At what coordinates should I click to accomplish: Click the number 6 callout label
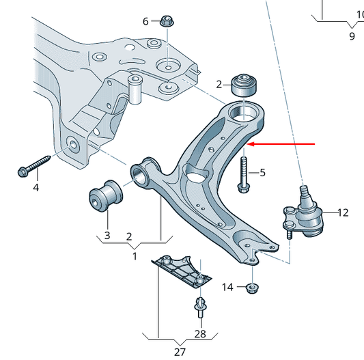[x=145, y=21]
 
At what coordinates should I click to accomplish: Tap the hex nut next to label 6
[x=166, y=20]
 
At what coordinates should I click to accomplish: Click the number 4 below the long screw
[x=36, y=187]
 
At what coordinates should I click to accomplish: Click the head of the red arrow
[x=251, y=144]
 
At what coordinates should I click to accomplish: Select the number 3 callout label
[x=107, y=236]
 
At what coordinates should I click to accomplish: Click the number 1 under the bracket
[x=135, y=257]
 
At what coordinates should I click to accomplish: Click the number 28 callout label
[x=199, y=333]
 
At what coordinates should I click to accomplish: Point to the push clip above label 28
[x=200, y=307]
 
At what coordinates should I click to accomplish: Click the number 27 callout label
[x=180, y=352]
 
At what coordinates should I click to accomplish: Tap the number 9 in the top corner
[x=352, y=36]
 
